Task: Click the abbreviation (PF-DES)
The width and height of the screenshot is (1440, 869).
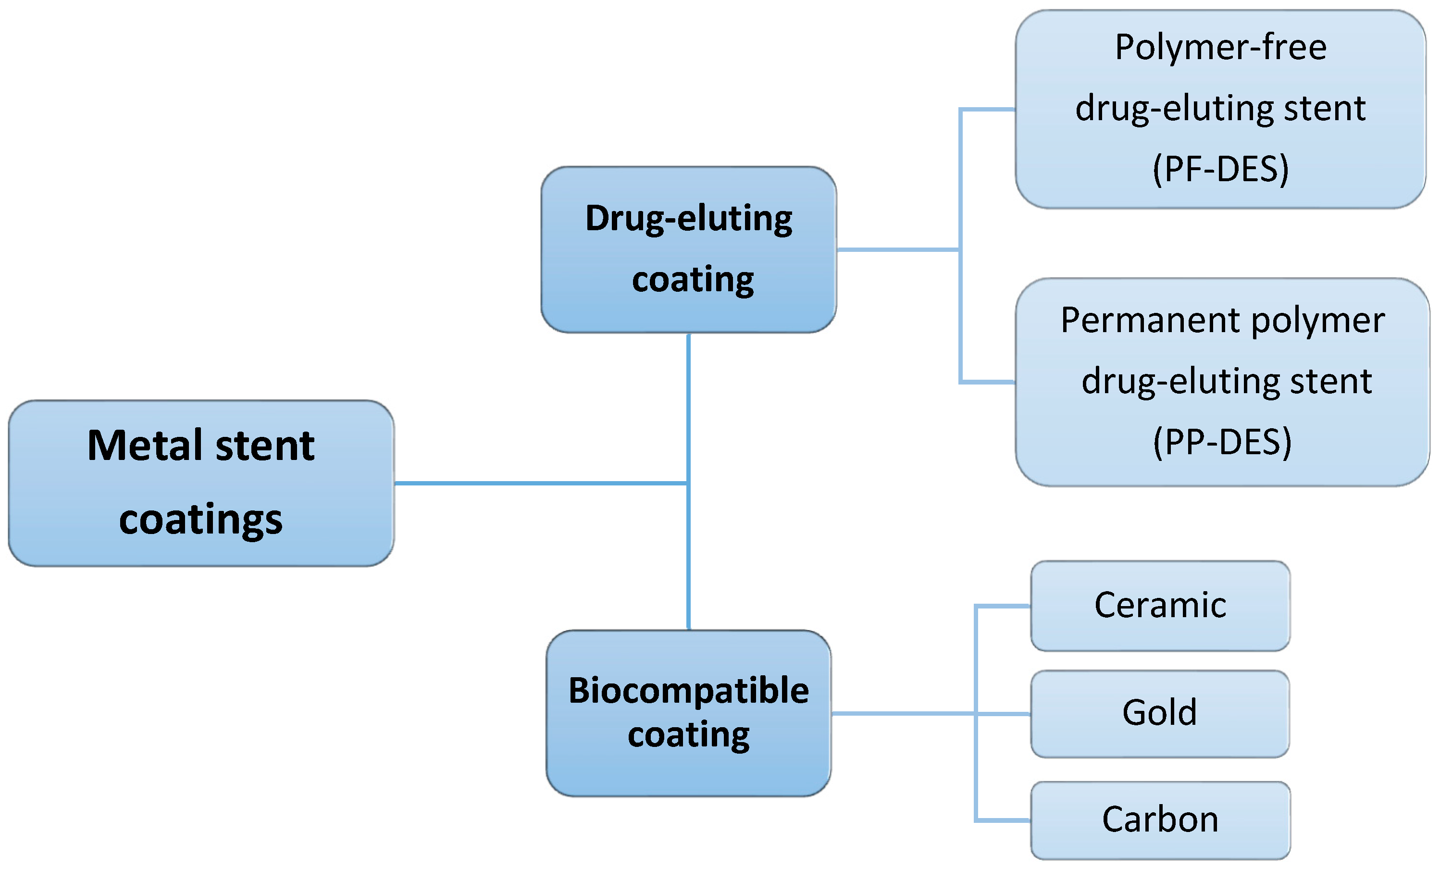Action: (x=1220, y=170)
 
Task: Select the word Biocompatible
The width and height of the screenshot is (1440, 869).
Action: (x=688, y=691)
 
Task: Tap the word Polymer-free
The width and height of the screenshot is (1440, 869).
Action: (x=1220, y=48)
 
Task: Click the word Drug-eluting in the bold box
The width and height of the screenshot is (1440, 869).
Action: (x=688, y=219)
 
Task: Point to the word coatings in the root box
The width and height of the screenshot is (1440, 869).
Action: (x=200, y=520)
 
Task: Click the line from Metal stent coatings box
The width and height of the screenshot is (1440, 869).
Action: (x=538, y=484)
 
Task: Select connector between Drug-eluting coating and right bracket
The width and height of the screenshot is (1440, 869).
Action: (x=897, y=249)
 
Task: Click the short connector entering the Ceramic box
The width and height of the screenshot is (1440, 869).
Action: (x=1002, y=607)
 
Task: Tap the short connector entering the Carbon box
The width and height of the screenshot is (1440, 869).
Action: (x=1002, y=820)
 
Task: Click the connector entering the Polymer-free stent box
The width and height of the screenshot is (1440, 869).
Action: (x=988, y=109)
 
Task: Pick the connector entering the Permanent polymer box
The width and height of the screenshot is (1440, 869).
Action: (x=988, y=382)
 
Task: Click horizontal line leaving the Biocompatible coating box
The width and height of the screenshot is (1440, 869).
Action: (x=903, y=714)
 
